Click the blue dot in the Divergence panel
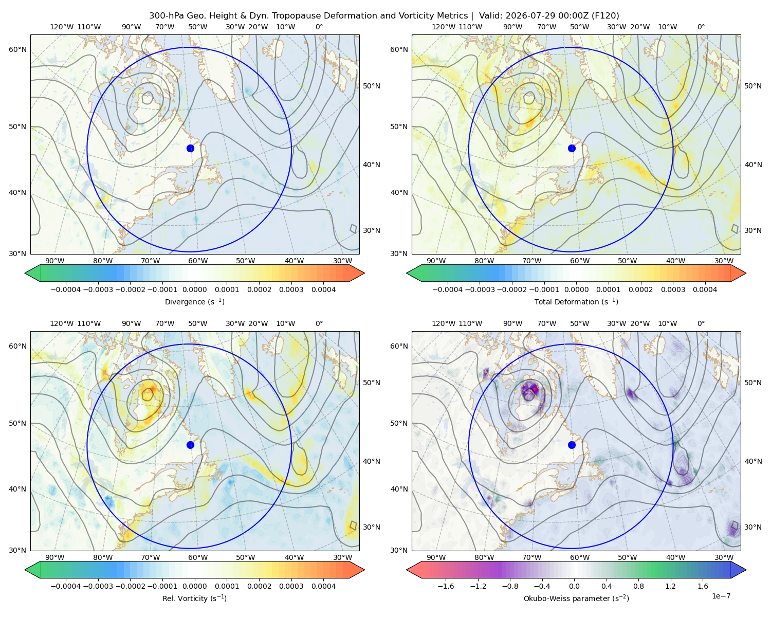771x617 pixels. coord(190,148)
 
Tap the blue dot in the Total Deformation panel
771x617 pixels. coord(572,148)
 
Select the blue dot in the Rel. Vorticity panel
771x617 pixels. coord(190,445)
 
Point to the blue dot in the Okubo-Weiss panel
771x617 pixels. coord(572,445)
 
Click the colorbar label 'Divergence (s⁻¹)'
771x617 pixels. coord(194,301)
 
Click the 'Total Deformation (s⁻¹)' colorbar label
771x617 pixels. coord(576,301)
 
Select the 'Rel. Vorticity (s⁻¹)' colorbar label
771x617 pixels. coord(194,598)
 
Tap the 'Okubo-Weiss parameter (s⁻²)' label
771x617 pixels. coord(576,598)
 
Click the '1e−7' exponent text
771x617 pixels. coord(721,596)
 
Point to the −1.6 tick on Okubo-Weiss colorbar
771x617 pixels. coord(446,586)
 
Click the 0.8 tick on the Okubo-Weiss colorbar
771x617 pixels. coord(638,586)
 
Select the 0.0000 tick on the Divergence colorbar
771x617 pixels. coord(194,289)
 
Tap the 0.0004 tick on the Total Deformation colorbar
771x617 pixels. coord(705,289)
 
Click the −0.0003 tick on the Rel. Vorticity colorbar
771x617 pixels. coord(98,586)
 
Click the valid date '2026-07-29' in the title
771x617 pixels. coord(527,16)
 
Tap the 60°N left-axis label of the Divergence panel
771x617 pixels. coord(17,49)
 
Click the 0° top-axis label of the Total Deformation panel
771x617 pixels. coord(701,27)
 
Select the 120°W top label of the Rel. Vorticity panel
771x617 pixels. coord(62,323)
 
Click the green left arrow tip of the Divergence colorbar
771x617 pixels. coord(25,273)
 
